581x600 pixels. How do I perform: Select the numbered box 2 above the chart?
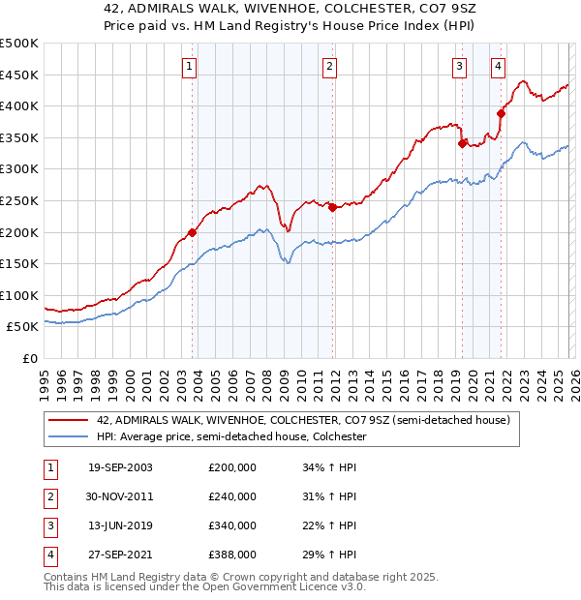tap(330, 67)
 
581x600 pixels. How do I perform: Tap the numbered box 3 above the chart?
tap(459, 67)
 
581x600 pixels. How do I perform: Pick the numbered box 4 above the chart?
tap(498, 67)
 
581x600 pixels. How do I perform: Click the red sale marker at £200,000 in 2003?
tap(192, 232)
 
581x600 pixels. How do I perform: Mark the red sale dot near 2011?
tap(332, 207)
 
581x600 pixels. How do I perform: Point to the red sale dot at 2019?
tap(462, 144)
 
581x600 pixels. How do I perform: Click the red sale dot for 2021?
tap(502, 113)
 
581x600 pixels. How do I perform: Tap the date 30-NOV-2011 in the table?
tap(120, 496)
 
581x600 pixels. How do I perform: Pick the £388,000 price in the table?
tap(232, 555)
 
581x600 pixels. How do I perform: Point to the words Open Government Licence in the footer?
tap(281, 587)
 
